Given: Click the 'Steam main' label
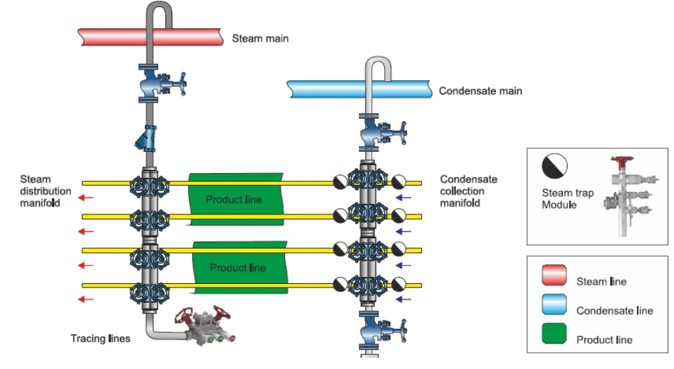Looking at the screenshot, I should (x=260, y=39).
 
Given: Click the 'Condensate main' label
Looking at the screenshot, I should (x=480, y=91).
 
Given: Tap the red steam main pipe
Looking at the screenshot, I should (x=113, y=37).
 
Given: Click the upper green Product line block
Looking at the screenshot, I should (x=234, y=199).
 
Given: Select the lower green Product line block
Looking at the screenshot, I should (x=239, y=267).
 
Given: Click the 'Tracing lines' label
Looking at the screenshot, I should (x=100, y=339).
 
